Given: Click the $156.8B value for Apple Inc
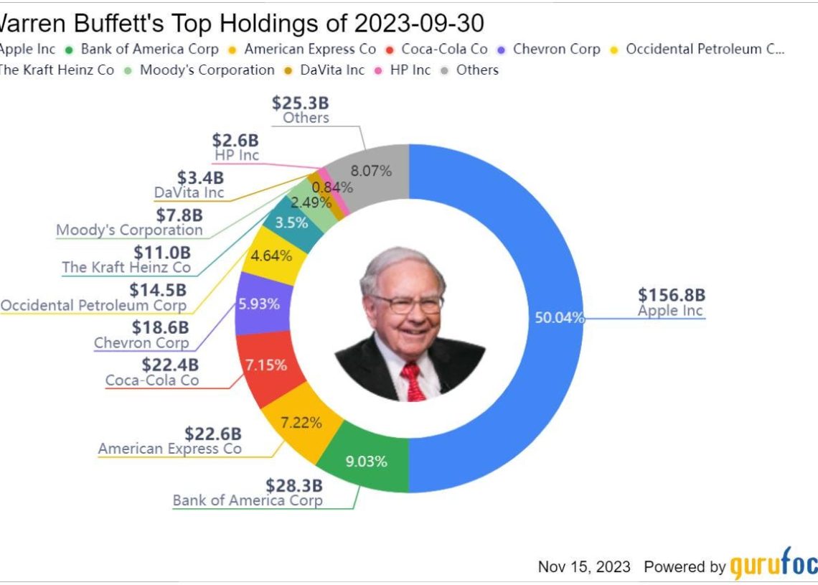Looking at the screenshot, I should tap(671, 295).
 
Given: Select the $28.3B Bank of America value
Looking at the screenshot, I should tap(294, 485).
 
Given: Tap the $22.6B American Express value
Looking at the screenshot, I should tap(213, 434).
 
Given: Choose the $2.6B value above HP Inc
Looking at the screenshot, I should tap(235, 141).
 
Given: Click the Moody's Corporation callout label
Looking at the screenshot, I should tap(129, 230).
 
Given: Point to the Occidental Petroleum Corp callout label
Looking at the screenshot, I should tap(93, 305).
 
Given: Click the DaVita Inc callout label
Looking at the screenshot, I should tap(189, 192).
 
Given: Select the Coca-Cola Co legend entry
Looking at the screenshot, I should tap(444, 50).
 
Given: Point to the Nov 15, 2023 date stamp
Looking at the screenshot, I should tap(584, 566).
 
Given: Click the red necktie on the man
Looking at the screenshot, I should tap(413, 380).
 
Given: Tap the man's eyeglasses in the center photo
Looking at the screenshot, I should tap(408, 303).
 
